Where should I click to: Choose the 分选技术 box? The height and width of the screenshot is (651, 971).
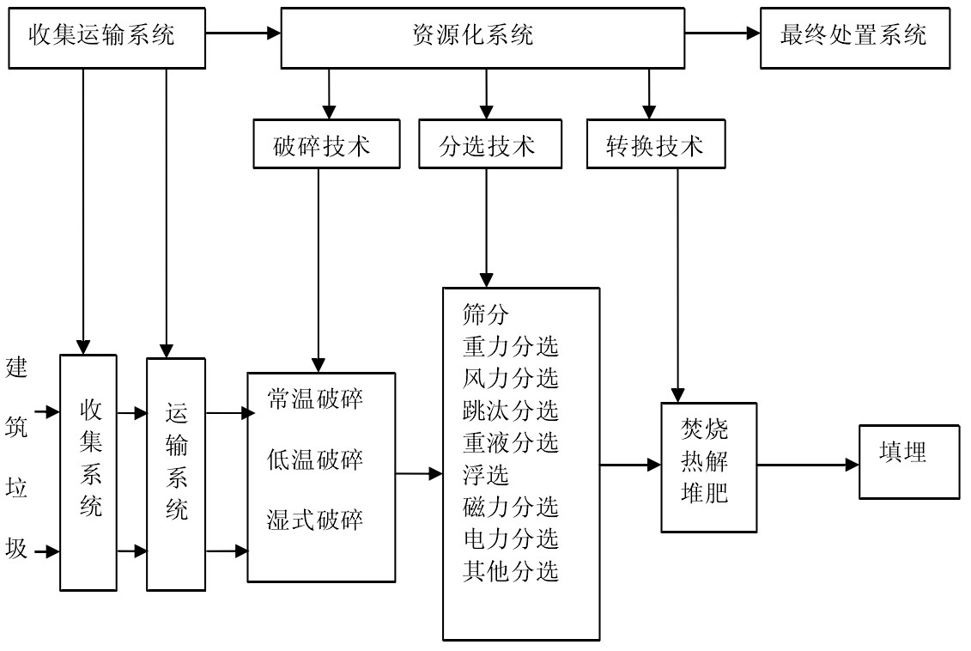tap(487, 146)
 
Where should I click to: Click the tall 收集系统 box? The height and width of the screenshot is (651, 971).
tap(88, 472)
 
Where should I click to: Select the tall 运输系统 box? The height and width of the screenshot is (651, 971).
tap(176, 473)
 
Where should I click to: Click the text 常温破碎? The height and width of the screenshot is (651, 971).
tap(315, 401)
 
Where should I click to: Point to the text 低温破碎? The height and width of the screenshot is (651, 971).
tap(315, 459)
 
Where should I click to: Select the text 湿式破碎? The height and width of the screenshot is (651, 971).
tap(315, 520)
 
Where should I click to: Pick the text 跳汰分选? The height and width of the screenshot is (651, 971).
tap(510, 410)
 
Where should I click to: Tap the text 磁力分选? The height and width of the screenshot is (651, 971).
tap(510, 507)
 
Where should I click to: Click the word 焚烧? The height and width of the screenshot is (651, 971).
tap(704, 428)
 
